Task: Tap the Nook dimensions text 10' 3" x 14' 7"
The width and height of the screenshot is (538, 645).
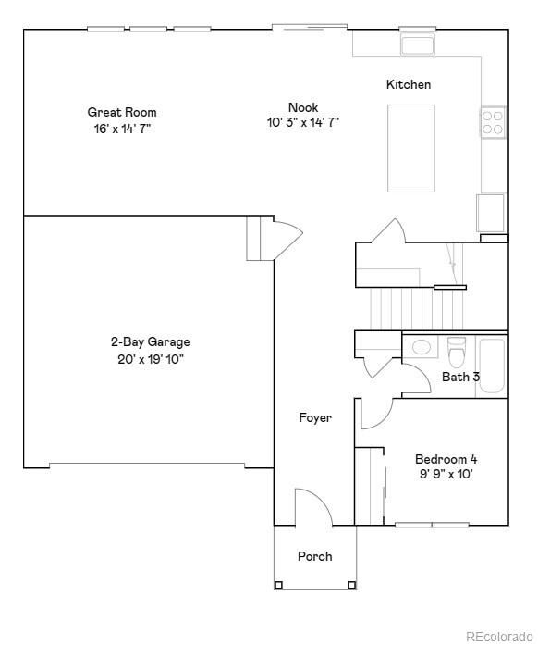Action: [302, 121]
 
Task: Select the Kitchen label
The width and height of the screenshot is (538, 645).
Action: [409, 85]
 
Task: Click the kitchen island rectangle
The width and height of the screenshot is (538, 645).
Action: [410, 147]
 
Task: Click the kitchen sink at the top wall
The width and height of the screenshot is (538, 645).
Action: [418, 45]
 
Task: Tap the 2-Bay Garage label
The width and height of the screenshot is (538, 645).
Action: [150, 342]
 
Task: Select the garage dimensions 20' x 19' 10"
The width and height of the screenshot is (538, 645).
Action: [150, 359]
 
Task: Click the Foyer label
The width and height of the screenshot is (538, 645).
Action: [314, 418]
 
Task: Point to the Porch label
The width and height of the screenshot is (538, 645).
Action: [314, 556]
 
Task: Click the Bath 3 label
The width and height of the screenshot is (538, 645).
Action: [460, 377]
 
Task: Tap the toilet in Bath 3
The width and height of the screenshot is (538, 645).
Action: [456, 352]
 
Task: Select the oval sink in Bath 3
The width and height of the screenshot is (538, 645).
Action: [422, 348]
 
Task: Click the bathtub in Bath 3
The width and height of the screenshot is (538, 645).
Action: [492, 367]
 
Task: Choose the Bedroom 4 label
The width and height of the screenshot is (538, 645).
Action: [446, 459]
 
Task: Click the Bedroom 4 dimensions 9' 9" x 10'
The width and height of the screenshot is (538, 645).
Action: [446, 475]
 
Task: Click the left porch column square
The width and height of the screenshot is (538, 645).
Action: [278, 585]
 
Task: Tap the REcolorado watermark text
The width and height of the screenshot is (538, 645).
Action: [499, 636]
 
